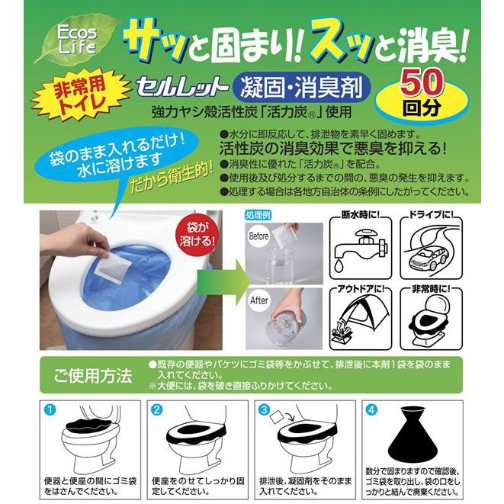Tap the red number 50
click(422, 83)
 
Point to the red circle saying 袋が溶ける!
click(197, 234)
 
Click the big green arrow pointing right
click(223, 281)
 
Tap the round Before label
click(258, 236)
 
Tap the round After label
click(258, 300)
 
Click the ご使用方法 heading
click(92, 375)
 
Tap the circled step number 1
click(50, 409)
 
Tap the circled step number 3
click(265, 409)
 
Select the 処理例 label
click(258, 215)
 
